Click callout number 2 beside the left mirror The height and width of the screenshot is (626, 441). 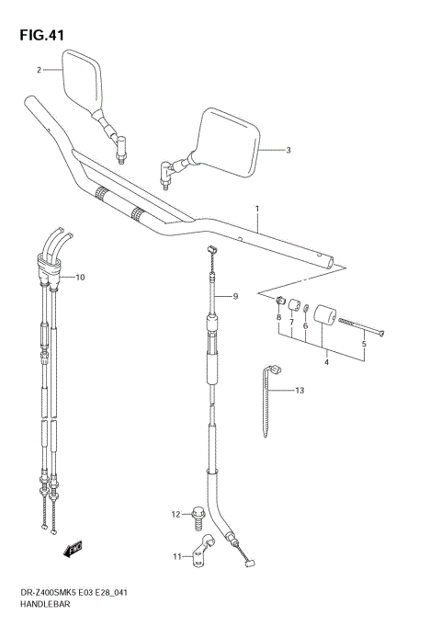[x=39, y=70]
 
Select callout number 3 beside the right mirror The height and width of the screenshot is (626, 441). [x=288, y=150]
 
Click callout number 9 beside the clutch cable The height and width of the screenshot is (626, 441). [x=235, y=296]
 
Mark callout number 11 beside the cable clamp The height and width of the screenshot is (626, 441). [x=176, y=556]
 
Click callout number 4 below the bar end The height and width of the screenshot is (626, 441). [x=325, y=362]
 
